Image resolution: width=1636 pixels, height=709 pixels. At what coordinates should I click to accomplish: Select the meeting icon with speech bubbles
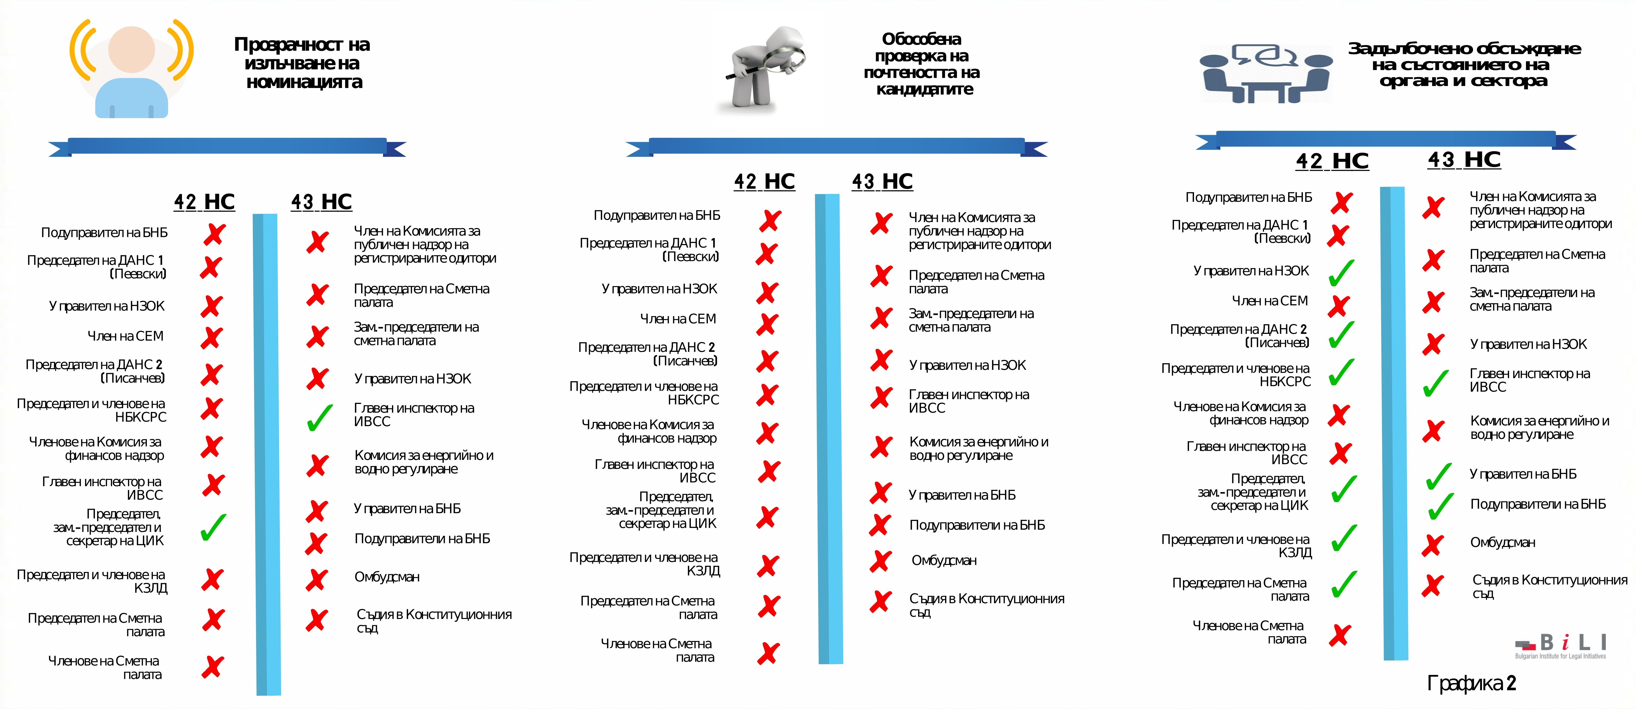(x=1264, y=73)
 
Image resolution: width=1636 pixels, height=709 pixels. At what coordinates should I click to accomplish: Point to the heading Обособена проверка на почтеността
(x=922, y=64)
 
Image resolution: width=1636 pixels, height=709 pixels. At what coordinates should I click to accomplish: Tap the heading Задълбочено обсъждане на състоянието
(x=1464, y=64)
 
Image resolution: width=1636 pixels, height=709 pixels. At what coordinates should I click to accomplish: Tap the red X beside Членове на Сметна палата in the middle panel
(x=768, y=652)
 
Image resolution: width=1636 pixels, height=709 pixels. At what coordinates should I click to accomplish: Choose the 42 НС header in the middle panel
(x=764, y=182)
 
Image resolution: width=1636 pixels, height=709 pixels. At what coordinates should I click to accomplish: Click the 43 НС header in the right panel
(x=1464, y=159)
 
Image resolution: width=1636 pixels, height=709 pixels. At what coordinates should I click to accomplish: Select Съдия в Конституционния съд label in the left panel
(x=434, y=621)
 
